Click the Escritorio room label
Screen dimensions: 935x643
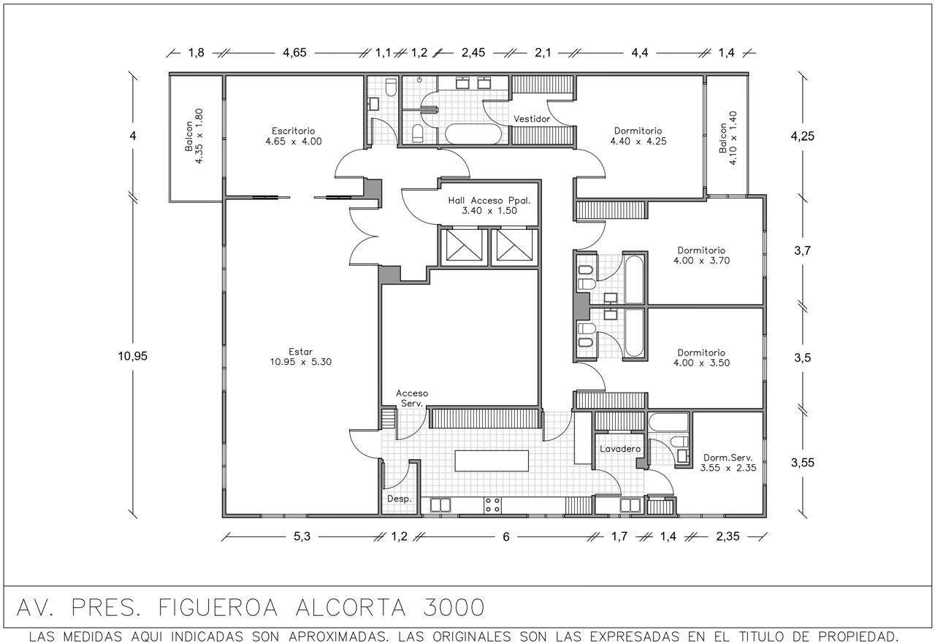tap(294, 136)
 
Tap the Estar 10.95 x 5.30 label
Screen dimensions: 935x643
tap(300, 356)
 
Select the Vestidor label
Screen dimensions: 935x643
tap(531, 119)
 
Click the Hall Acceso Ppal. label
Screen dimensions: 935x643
tap(489, 206)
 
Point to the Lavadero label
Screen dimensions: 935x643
tap(620, 449)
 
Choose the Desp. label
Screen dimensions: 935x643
tap(399, 498)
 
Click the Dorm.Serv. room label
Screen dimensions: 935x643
tap(728, 463)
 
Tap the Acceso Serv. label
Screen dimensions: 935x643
tap(412, 398)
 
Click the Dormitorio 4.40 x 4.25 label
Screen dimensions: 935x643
tap(638, 136)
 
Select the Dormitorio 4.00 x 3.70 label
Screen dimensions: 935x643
tap(701, 255)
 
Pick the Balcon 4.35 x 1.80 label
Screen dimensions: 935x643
tap(194, 136)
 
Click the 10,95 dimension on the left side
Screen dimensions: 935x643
tap(132, 355)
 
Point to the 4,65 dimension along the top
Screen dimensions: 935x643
tap(294, 53)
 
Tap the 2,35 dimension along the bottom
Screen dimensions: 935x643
tap(728, 536)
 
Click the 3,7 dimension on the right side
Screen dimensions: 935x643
tap(802, 250)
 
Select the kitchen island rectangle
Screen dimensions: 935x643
tap(492, 461)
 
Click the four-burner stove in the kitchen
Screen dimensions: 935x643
tap(492, 505)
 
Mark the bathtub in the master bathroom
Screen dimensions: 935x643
tap(473, 134)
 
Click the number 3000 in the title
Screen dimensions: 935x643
tap(454, 607)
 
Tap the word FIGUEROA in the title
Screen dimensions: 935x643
tap(218, 607)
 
